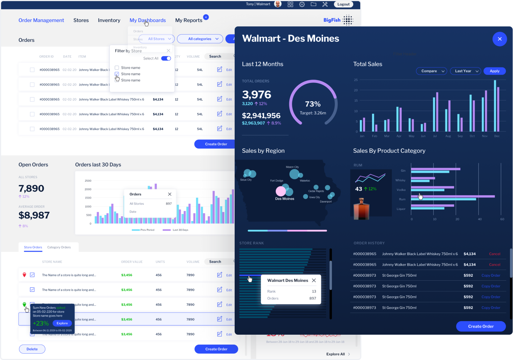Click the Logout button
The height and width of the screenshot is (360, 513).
point(343,4)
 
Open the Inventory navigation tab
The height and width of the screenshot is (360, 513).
point(109,20)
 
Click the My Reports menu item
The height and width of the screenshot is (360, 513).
point(189,20)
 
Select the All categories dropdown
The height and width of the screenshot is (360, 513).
point(200,39)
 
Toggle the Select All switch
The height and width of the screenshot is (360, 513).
point(166,58)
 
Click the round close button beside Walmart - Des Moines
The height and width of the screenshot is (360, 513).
point(499,39)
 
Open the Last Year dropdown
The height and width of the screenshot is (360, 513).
point(466,71)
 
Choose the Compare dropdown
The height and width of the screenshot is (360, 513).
point(431,71)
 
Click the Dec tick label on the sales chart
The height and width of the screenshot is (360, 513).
point(496,136)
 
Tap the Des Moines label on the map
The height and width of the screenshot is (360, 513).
point(285,199)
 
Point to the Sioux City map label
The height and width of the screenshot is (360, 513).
point(246,180)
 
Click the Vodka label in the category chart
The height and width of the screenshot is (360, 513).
point(401,190)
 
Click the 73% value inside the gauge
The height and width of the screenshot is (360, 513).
point(313,104)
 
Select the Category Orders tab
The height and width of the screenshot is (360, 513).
point(59,247)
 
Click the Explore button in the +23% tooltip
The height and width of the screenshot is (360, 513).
point(62,323)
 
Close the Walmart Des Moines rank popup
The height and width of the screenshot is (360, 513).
point(314,280)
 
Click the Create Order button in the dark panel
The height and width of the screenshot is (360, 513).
point(481,326)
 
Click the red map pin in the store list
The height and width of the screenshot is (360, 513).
point(25,275)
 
